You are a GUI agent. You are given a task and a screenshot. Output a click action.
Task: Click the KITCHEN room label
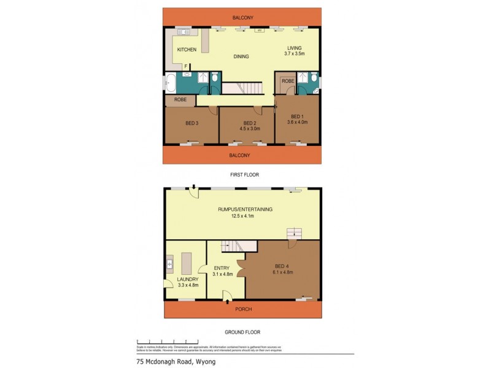[187, 50]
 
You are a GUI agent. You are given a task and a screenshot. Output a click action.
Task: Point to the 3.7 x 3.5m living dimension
[295, 54]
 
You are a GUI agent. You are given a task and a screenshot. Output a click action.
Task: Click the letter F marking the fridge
[186, 66]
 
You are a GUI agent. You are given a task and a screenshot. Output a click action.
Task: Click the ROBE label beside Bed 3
[180, 99]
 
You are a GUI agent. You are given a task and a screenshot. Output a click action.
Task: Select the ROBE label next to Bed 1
[288, 81]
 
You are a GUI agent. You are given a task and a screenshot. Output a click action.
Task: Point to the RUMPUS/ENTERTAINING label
[245, 209]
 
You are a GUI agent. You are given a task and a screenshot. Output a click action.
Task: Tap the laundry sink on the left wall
[169, 265]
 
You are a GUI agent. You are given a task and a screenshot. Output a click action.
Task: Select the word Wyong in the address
[204, 361]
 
